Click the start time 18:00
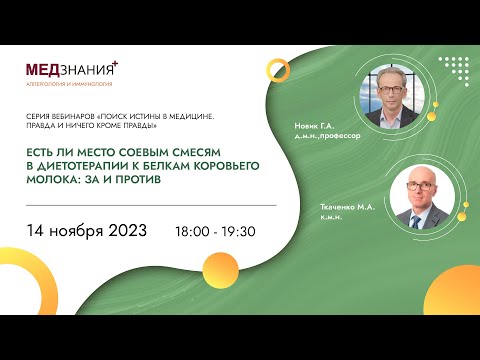(195, 232)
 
